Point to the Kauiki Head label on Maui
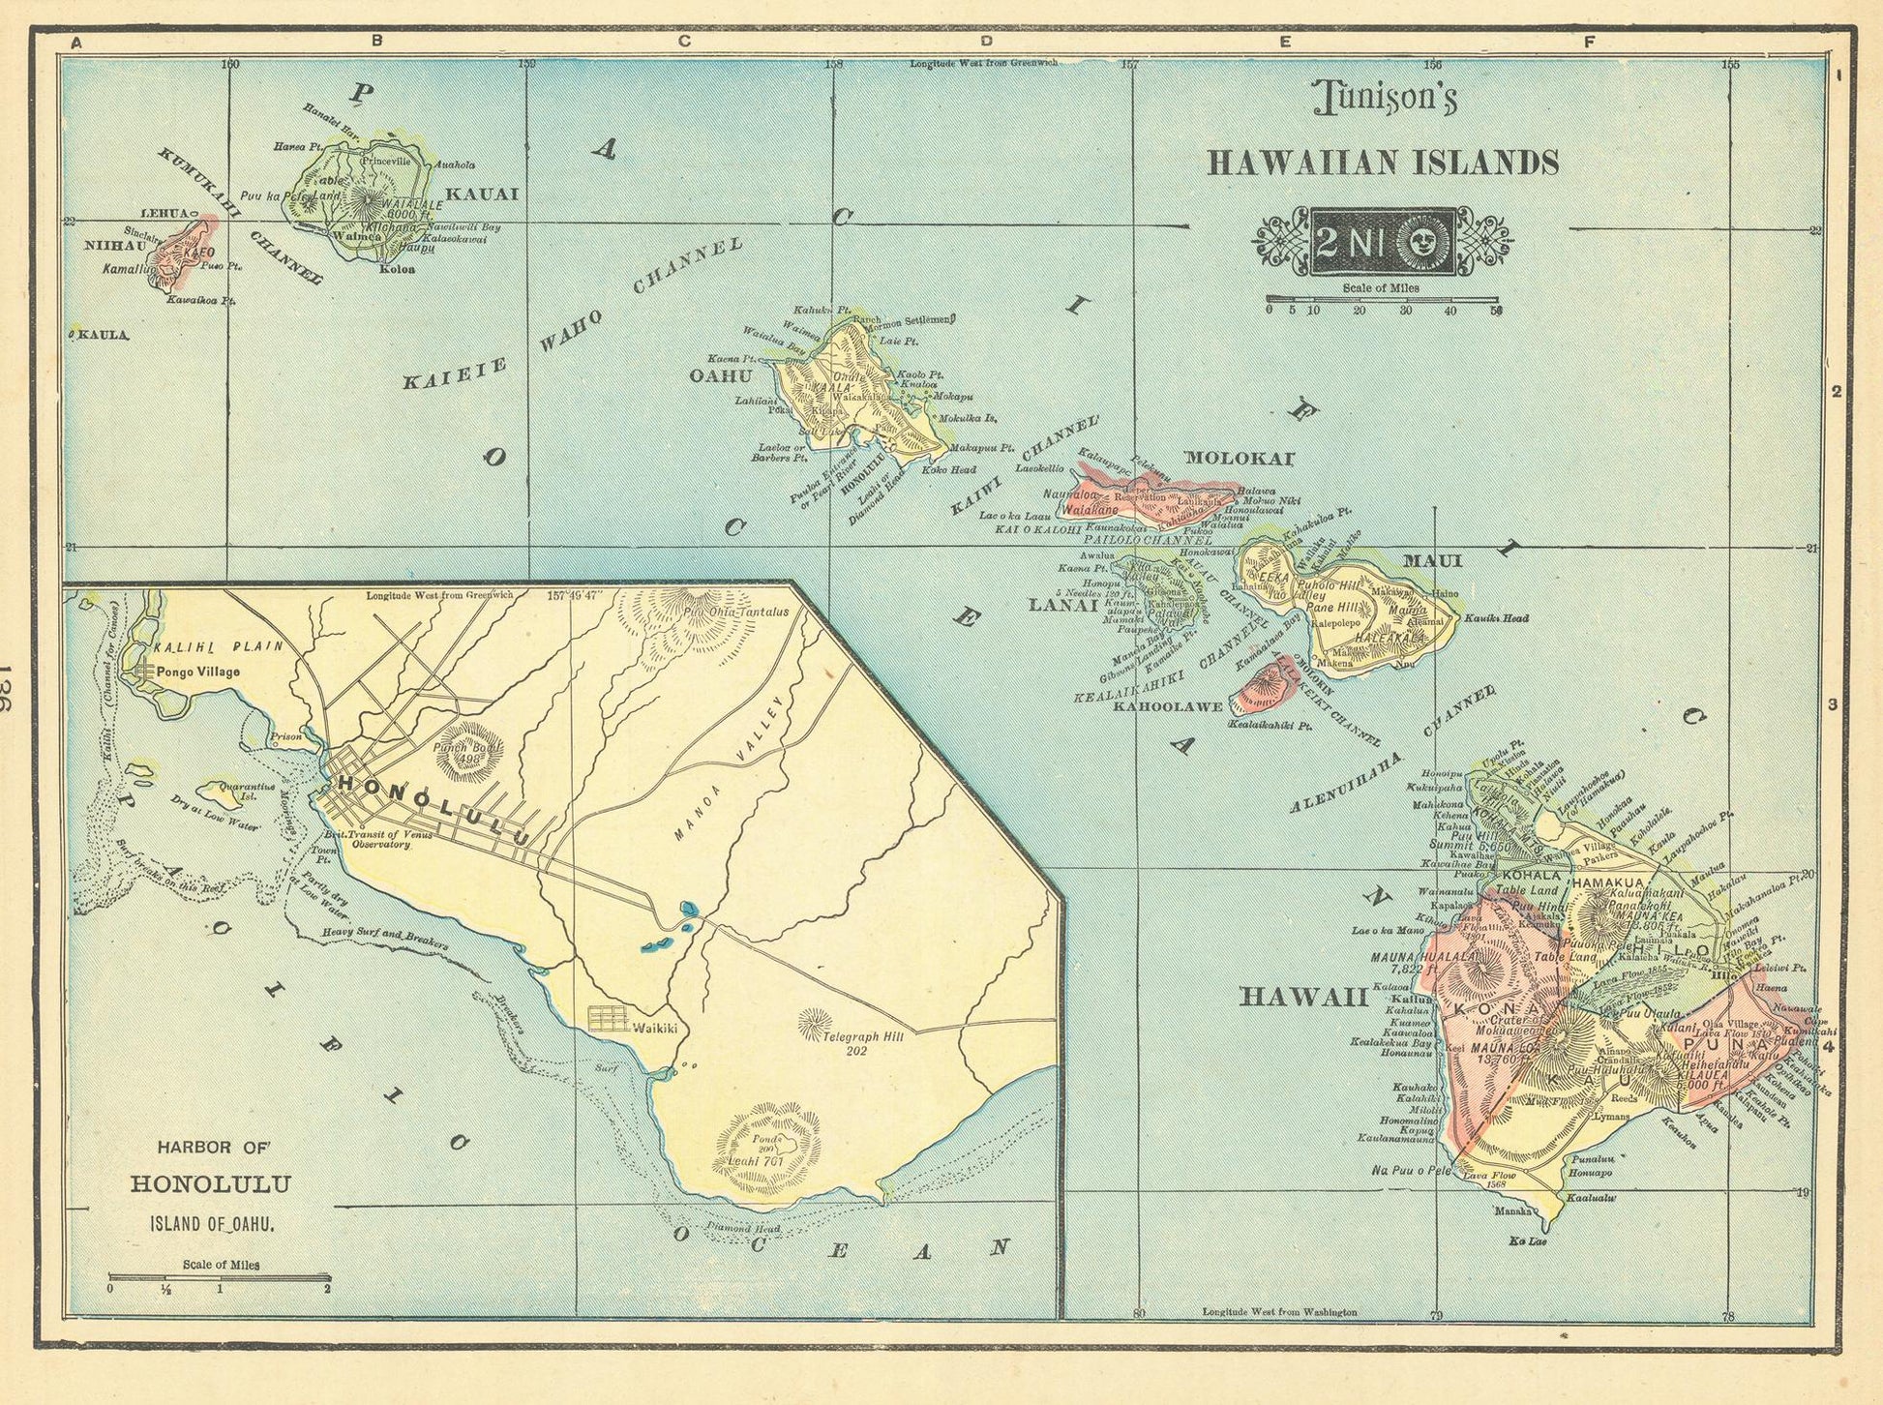pos(1496,617)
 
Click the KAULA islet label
pos(103,335)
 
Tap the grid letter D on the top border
pos(986,42)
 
